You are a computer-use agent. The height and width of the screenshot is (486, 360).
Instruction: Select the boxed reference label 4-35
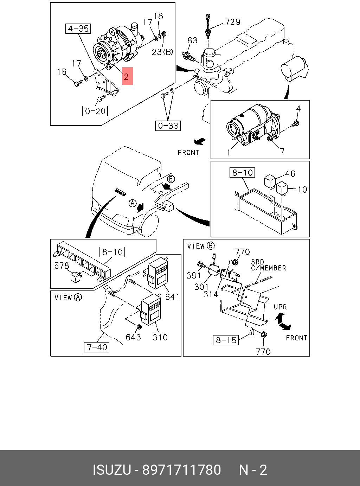tap(78, 28)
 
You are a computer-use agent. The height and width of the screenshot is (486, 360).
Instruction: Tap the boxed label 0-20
tap(95, 111)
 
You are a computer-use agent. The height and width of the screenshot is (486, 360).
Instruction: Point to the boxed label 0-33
tap(168, 126)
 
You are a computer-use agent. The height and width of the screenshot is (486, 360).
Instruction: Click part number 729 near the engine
tap(232, 22)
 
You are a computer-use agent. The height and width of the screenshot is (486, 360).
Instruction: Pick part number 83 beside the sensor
tap(192, 40)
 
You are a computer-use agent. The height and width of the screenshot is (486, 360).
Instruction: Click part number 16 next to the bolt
tap(62, 72)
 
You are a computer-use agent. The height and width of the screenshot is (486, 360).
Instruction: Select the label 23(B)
tap(162, 52)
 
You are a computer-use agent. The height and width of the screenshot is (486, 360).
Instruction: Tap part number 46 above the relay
tap(290, 174)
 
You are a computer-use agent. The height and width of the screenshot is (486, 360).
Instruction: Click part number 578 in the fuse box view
tap(62, 266)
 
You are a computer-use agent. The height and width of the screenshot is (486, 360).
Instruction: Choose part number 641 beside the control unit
tap(172, 297)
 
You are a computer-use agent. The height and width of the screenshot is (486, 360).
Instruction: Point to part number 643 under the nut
tap(133, 337)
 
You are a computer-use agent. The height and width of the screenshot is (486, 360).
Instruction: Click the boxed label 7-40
tap(97, 347)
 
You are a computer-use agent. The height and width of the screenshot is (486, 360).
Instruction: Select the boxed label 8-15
tap(226, 340)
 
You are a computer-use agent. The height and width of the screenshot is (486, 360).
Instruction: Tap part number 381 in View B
tap(193, 275)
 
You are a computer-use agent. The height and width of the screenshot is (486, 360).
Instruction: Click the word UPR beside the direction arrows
tap(280, 307)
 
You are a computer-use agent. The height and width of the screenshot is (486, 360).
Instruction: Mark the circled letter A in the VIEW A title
tap(78, 298)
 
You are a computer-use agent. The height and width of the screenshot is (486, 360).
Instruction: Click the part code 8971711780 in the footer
tap(181, 470)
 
